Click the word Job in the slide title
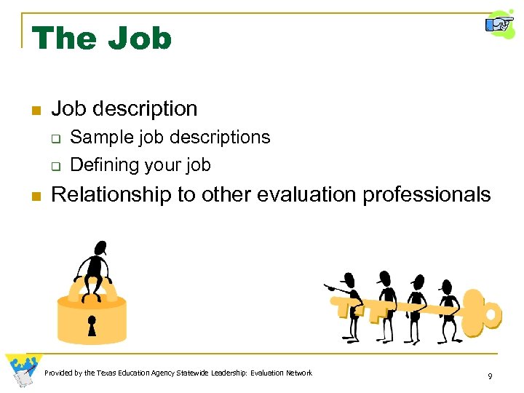coord(140,38)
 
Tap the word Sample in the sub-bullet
coord(97,138)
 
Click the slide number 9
coord(490,376)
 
